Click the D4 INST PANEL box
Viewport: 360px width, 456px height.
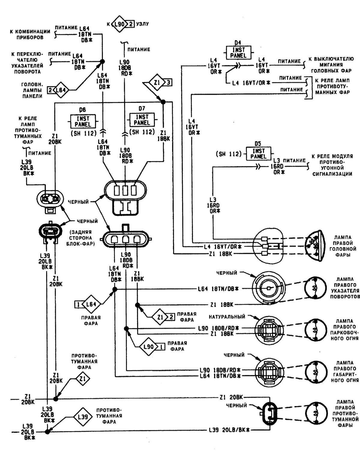point(238,52)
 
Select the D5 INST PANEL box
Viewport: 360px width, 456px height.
point(258,153)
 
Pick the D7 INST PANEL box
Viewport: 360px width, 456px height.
point(142,120)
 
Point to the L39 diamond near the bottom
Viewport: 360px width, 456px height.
point(83,417)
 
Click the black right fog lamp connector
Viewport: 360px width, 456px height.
point(269,413)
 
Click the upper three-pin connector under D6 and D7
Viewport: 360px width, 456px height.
point(126,191)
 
